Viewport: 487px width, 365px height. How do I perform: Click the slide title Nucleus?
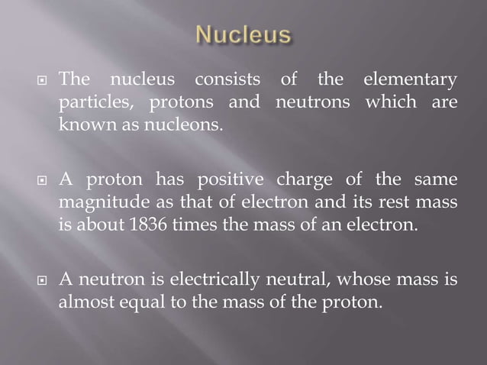coord(243,34)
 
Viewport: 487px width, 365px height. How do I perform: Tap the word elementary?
coord(410,79)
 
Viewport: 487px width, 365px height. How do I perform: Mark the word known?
coord(82,124)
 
